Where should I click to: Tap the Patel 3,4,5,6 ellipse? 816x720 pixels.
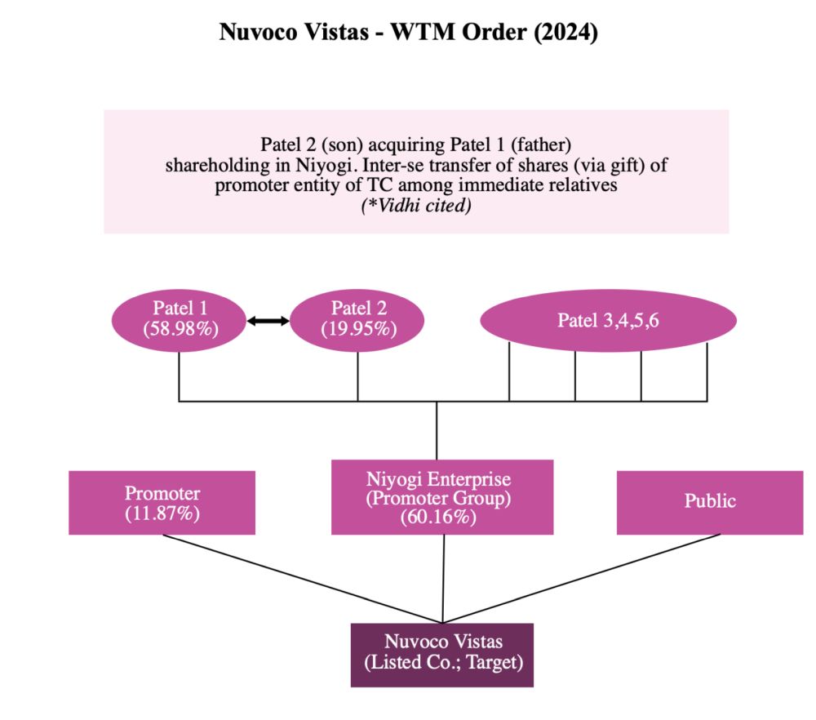[x=608, y=320]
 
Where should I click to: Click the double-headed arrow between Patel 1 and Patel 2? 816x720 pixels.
[x=268, y=322]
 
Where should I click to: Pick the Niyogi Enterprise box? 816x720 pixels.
[x=442, y=497]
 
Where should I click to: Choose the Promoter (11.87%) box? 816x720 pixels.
[x=162, y=503]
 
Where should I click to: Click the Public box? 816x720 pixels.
[x=709, y=501]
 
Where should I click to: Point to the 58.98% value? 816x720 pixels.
[x=179, y=329]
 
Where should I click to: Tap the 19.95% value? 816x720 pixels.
[x=358, y=329]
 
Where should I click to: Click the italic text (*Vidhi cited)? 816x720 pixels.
[x=416, y=207]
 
